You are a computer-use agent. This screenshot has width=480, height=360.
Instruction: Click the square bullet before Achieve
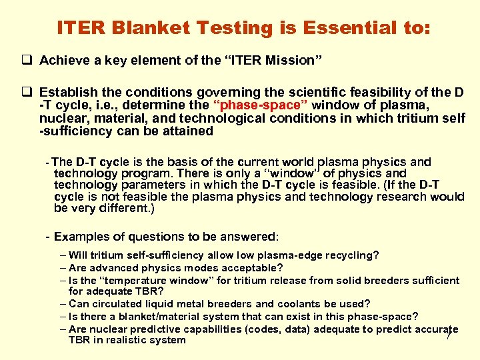[29, 61]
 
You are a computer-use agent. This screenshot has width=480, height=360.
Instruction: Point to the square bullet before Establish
[29, 91]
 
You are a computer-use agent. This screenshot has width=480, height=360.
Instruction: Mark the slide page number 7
[449, 335]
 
